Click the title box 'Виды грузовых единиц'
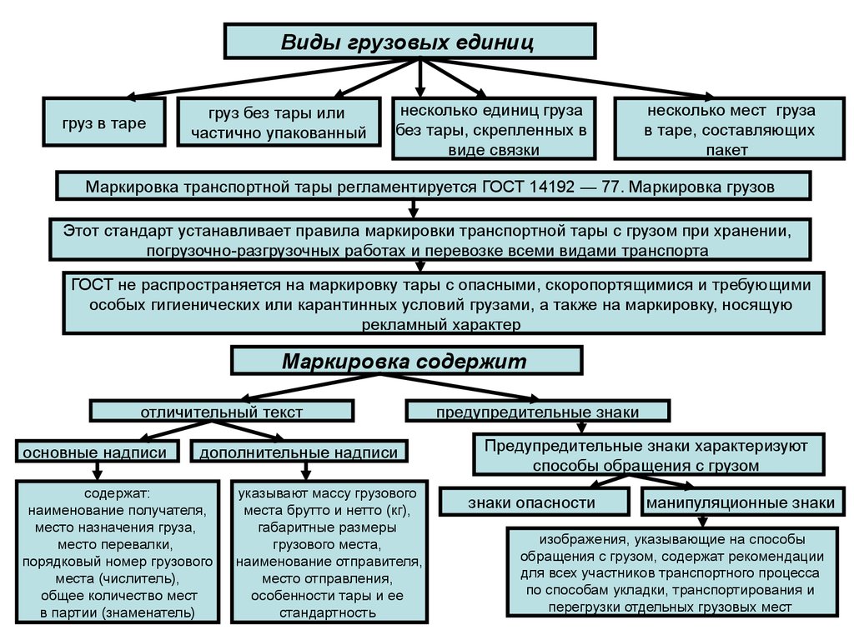coord(409,41)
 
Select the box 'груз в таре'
coord(103,123)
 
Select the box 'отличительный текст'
coord(221,411)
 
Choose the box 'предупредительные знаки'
coord(537,412)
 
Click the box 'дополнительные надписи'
coord(299,452)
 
